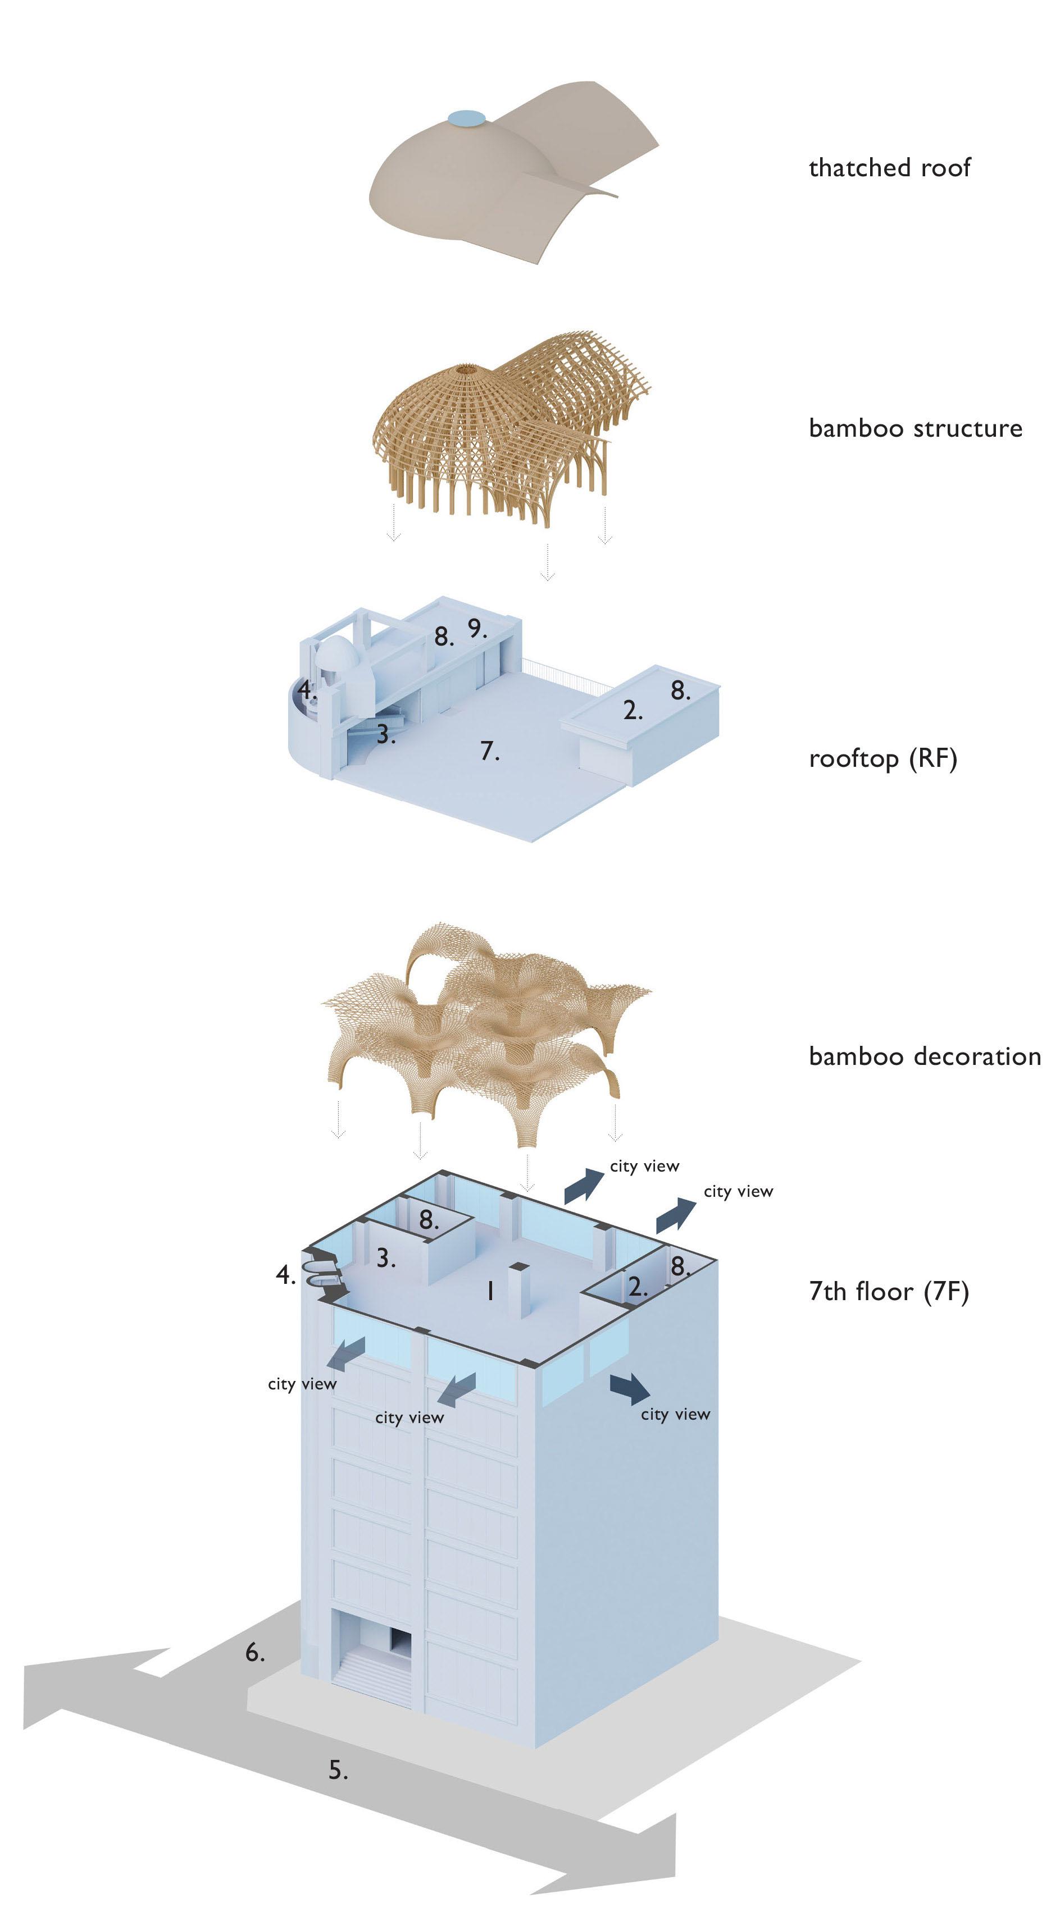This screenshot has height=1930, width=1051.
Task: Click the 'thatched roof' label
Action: coord(889,167)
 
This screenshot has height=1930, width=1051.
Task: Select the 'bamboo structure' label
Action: coord(915,428)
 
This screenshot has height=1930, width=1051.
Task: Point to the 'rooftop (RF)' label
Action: coord(883,759)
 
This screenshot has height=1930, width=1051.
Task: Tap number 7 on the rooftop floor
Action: coord(489,750)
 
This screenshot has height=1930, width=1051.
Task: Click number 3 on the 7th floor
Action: coord(385,1258)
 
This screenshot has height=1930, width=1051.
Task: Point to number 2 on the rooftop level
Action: coord(633,710)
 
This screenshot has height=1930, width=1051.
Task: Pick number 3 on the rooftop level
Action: coord(385,734)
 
